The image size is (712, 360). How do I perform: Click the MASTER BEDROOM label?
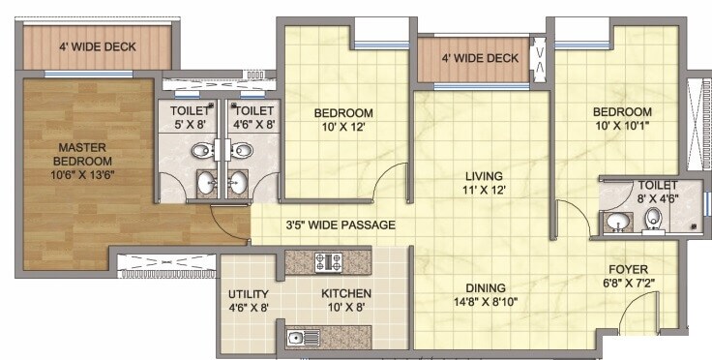pos(81,153)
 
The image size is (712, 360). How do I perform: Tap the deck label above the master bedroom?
pos(97,46)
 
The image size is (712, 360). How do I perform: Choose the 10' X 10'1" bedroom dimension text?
pos(622,124)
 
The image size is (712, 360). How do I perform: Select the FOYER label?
pos(628,269)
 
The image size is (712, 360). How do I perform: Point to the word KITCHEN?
pos(346,294)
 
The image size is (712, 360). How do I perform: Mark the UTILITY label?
pos(249,294)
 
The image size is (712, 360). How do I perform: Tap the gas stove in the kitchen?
pos(328,260)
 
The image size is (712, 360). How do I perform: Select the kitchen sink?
pos(297,338)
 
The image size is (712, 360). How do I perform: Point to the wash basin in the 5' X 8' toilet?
pos(206,181)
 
